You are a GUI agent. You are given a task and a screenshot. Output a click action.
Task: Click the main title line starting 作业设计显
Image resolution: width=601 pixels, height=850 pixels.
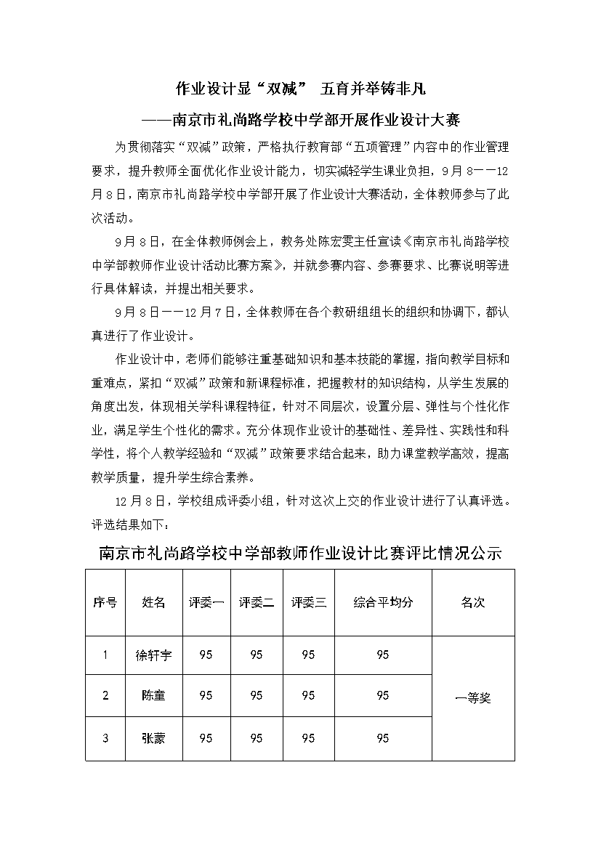coord(300,89)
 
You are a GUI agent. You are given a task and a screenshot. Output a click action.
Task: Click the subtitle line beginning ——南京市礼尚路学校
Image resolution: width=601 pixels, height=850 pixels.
coord(300,118)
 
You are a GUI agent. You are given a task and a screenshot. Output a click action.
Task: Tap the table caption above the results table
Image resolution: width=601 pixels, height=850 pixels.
coord(300,553)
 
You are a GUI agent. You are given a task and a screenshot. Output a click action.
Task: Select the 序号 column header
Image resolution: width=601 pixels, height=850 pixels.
coord(105,602)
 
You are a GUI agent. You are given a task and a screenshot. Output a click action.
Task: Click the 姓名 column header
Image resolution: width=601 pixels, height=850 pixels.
coord(153,602)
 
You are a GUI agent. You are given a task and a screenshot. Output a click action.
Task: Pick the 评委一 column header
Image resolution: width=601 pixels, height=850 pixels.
coord(206,602)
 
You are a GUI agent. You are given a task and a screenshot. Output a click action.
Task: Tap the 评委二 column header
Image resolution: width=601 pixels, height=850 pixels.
coord(257,602)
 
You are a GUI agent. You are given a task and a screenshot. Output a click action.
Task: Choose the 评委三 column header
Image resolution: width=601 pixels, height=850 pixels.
coord(308,602)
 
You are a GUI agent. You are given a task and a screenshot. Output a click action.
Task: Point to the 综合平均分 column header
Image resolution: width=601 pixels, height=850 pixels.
coord(383,602)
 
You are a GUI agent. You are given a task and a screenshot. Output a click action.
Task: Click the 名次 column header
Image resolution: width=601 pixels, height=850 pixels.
coord(473,602)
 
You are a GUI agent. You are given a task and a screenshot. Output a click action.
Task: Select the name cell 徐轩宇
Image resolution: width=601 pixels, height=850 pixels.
coord(153,655)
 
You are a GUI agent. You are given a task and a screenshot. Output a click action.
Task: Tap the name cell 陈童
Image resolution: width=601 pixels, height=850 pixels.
coord(153,695)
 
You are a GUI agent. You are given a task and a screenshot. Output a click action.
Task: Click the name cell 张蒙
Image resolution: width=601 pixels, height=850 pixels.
coord(153,738)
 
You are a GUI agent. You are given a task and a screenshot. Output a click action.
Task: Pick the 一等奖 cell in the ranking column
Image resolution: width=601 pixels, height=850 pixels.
coord(473,698)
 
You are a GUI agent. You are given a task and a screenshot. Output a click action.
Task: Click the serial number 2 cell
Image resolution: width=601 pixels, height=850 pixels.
coord(105,695)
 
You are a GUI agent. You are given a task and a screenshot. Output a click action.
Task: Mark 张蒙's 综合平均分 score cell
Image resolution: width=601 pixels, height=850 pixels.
coord(383,738)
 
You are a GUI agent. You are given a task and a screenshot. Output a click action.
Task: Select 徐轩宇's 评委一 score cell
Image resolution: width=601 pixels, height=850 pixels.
coord(206,655)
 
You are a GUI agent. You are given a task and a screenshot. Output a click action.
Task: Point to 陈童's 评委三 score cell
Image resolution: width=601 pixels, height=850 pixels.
coord(308,695)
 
